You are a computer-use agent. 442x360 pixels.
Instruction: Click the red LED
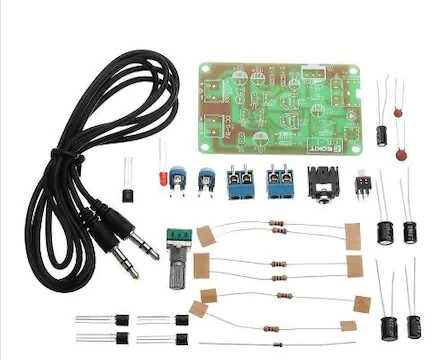tap(160, 178)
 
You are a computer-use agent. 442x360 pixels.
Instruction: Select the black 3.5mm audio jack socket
tap(325, 184)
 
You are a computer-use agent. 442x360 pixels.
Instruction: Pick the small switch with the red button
tap(363, 184)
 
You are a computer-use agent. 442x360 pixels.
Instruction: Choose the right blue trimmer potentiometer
tap(207, 181)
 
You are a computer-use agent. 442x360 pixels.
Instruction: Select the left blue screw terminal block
tap(241, 183)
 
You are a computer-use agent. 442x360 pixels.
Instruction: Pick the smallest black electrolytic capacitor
tap(383, 134)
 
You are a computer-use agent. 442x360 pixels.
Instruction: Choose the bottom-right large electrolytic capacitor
tap(413, 325)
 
